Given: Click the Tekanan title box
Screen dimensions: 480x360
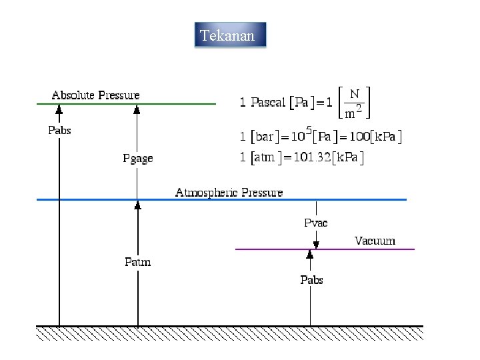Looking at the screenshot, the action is click(230, 35).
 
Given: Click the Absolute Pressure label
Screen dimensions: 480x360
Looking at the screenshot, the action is click(96, 95).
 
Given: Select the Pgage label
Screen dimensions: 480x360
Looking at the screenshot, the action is click(138, 158).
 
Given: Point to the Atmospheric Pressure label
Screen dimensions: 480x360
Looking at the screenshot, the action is click(229, 193).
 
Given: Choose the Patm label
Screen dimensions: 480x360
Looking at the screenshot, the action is click(138, 261).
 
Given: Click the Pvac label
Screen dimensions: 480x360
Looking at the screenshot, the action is click(315, 223).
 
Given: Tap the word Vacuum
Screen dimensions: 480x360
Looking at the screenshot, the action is click(375, 241).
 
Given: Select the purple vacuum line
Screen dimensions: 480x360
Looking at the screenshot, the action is click(373, 249).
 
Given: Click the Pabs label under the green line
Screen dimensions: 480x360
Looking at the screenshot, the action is click(59, 130).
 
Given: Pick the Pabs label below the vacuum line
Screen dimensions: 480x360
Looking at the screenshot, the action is click(311, 279).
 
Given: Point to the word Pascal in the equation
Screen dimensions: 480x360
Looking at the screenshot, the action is click(268, 102).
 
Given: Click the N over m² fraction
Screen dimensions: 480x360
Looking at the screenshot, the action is click(354, 102).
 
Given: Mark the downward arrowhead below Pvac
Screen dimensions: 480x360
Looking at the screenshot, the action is click(316, 245).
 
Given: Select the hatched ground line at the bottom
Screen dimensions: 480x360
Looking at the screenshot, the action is click(229, 331).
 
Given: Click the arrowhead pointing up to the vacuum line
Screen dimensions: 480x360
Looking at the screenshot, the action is click(310, 254).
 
